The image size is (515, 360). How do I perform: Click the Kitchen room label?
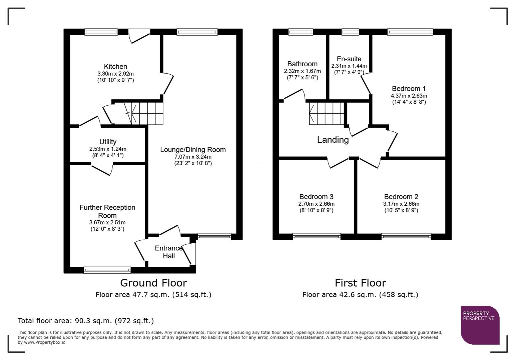tap(115, 67)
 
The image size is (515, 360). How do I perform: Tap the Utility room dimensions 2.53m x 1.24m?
tap(108, 149)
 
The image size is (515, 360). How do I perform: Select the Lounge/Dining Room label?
tap(193, 150)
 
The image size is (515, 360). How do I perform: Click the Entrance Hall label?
tap(169, 252)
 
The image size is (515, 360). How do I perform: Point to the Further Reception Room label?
tap(107, 211)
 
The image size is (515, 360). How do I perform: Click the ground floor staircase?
tap(147, 113)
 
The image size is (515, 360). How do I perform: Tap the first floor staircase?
tap(327, 113)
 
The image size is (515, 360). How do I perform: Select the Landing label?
tap(333, 140)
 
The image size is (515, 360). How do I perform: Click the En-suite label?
tap(349, 59)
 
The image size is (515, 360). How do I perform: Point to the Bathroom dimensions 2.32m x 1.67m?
tap(302, 71)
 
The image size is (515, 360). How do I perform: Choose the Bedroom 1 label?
tap(409, 89)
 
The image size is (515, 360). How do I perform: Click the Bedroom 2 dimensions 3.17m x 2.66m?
tap(401, 204)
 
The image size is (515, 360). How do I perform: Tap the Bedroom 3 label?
tap(316, 197)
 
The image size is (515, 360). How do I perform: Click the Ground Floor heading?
tap(153, 283)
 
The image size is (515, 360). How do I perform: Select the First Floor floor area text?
tap(360, 295)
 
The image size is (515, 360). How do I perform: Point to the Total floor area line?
tap(86, 321)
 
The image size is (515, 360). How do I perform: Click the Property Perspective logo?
tap(480, 325)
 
